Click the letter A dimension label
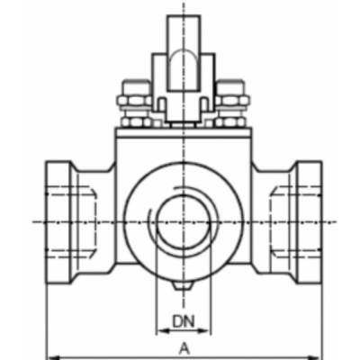pyautogui.click(x=184, y=346)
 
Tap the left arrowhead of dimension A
pyautogui.click(x=50, y=355)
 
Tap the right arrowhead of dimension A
pyautogui.click(x=318, y=355)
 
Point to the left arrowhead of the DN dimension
pyautogui.click(x=160, y=331)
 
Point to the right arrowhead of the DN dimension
pyautogui.click(x=207, y=331)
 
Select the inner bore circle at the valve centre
pyautogui.click(x=184, y=221)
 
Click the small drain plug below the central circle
pyautogui.click(x=184, y=285)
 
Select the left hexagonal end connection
pyautogui.click(x=68, y=220)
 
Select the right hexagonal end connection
pyautogui.click(x=299, y=220)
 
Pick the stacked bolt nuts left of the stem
pyautogui.click(x=136, y=103)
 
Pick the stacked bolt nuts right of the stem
pyautogui.click(x=231, y=103)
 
